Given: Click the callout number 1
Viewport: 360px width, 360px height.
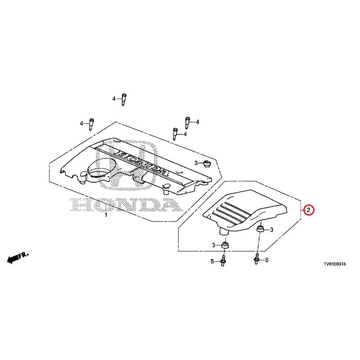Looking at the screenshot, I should (106, 216).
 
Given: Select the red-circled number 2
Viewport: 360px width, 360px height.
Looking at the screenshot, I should (308, 210).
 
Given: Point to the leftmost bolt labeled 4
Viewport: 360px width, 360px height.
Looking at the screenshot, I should (92, 123).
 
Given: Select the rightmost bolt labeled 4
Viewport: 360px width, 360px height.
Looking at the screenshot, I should (188, 121).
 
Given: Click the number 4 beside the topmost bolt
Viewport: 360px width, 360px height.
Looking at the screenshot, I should (114, 99).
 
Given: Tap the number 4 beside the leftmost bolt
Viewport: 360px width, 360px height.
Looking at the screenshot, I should (82, 123).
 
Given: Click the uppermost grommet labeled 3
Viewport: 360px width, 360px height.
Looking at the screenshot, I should (206, 162).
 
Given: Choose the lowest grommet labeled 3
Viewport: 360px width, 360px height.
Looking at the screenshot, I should (225, 245).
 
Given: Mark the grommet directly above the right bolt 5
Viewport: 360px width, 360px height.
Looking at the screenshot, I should (260, 230).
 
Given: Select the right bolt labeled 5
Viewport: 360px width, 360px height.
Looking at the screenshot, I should (256, 260).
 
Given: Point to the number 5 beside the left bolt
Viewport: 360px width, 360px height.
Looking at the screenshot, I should (212, 261).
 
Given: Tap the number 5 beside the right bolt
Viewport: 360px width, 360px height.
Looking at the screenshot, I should (266, 260).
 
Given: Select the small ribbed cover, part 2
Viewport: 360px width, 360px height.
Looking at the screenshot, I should (243, 209).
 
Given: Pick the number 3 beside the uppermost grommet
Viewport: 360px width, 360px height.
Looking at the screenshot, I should (196, 162).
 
